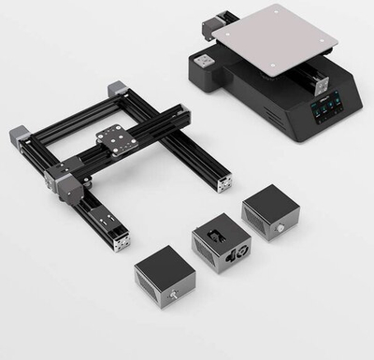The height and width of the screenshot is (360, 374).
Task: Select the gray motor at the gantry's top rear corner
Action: click(118, 91)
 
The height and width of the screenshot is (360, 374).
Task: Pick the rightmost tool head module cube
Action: click(269, 211)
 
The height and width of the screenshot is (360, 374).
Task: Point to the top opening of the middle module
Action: click(216, 228)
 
